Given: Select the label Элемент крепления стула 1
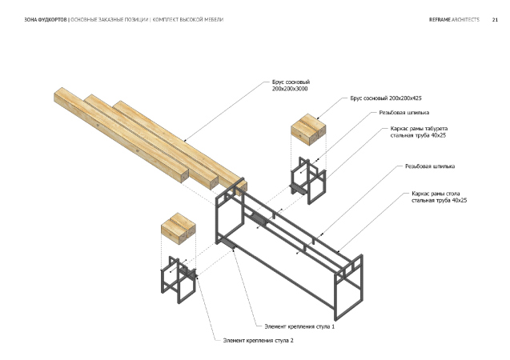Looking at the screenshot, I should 299,326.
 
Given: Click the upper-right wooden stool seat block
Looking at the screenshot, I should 308,130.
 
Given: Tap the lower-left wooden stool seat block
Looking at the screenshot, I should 179,228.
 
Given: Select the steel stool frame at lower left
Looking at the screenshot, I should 178,280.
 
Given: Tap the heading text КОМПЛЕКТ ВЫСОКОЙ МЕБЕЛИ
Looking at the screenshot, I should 189,18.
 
